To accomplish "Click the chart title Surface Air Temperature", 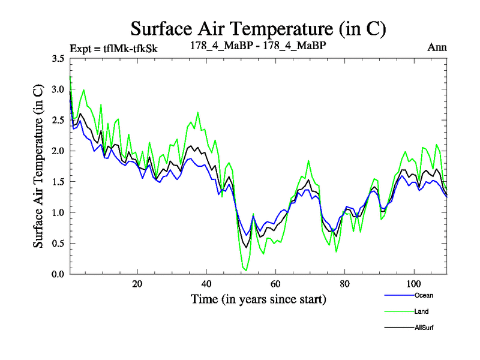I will point(258,28).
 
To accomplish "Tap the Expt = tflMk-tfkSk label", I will point(114,48).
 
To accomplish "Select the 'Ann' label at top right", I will point(437,47).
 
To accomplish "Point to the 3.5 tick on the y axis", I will point(58,59).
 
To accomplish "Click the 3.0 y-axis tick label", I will point(58,89).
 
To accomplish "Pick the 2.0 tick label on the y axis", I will point(58,151).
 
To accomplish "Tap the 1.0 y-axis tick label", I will point(58,212).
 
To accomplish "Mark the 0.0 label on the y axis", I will point(58,274).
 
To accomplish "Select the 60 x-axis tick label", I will point(275,284).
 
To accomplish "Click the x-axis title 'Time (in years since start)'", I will point(259,299).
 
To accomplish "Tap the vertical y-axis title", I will point(38,167).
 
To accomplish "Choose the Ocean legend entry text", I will point(423,295).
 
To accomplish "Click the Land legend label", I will point(421,311).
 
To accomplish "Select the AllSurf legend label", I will point(424,328).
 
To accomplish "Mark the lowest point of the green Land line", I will point(245,270).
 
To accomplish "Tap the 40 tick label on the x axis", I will point(206,284).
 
